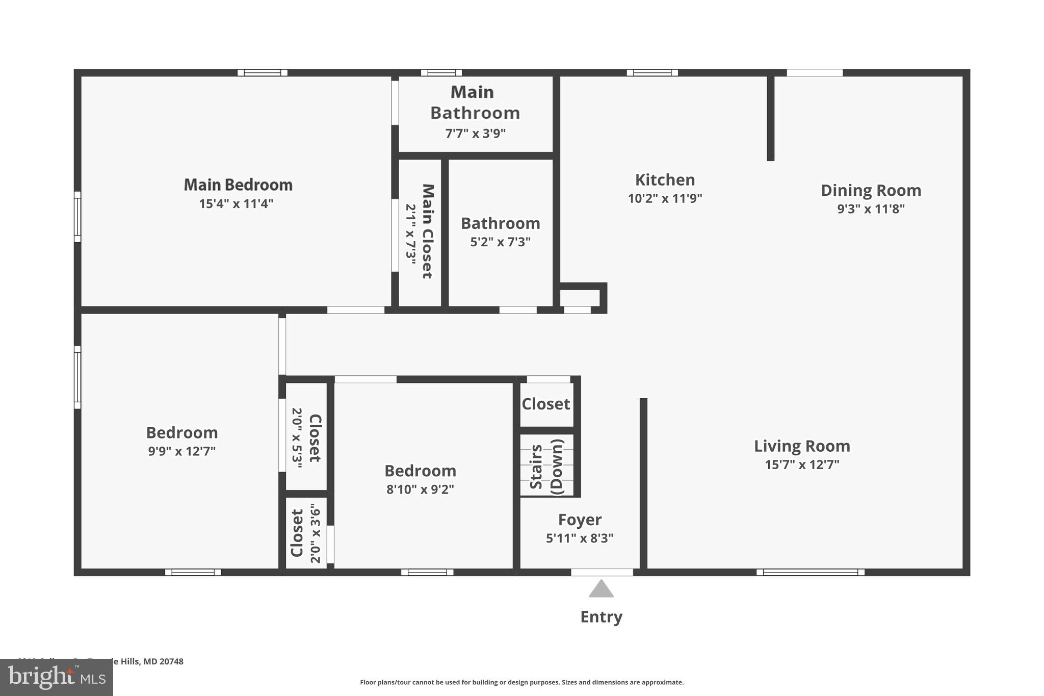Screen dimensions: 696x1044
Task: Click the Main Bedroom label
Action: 238,185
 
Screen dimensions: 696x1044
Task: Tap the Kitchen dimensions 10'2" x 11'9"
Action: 665,198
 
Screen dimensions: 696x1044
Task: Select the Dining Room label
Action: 871,190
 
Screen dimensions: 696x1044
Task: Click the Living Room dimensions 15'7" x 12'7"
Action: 802,465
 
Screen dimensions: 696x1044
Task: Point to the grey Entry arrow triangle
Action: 601,589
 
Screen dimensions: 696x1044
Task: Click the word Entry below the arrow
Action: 601,617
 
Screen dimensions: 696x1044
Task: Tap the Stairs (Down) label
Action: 546,466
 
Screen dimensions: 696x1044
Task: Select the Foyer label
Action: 580,520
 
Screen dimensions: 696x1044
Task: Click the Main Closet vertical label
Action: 428,231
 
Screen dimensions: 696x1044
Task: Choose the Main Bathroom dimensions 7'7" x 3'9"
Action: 475,134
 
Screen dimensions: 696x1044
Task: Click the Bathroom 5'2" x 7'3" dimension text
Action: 500,242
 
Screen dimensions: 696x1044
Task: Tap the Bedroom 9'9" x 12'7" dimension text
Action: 182,451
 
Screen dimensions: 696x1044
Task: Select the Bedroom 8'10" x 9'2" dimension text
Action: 420,489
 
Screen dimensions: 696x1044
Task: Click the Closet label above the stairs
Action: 545,404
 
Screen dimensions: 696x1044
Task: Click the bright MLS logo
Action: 56,678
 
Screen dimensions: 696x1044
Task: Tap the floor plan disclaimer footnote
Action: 521,682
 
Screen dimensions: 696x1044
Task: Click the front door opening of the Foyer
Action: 602,572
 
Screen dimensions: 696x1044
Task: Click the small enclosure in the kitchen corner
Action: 580,297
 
